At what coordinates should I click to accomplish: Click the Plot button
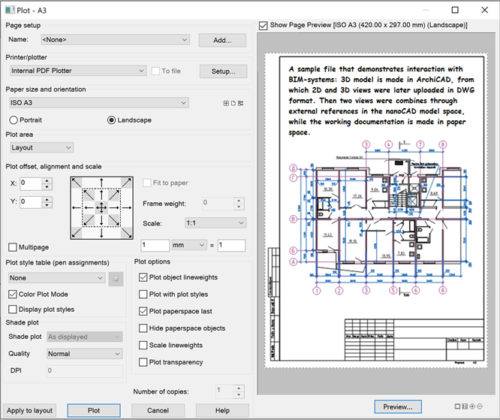(x=94, y=410)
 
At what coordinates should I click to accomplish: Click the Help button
(x=222, y=410)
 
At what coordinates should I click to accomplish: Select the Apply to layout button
(x=30, y=410)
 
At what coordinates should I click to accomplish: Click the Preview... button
(x=398, y=406)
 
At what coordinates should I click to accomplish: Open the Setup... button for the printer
(x=223, y=71)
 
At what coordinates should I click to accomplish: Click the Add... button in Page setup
(x=222, y=41)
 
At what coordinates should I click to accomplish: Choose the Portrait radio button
(x=14, y=120)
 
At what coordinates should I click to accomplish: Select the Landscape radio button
(x=112, y=120)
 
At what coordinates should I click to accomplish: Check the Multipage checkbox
(x=14, y=247)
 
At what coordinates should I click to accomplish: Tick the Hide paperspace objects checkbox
(x=143, y=328)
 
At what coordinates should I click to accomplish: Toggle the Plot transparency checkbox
(x=143, y=362)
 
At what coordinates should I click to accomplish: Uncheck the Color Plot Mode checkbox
(x=14, y=294)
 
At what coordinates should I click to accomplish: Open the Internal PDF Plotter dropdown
(x=77, y=71)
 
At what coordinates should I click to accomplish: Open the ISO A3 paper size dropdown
(x=98, y=102)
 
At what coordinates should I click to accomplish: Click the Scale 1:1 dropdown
(x=215, y=223)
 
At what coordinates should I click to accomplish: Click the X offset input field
(x=31, y=183)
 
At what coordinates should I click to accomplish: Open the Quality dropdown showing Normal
(x=84, y=354)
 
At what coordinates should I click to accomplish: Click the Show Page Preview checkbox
(x=263, y=26)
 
